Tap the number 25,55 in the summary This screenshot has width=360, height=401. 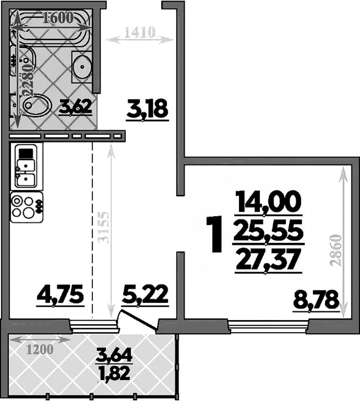pos(268,232)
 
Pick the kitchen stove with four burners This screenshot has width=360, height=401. pos(26,207)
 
